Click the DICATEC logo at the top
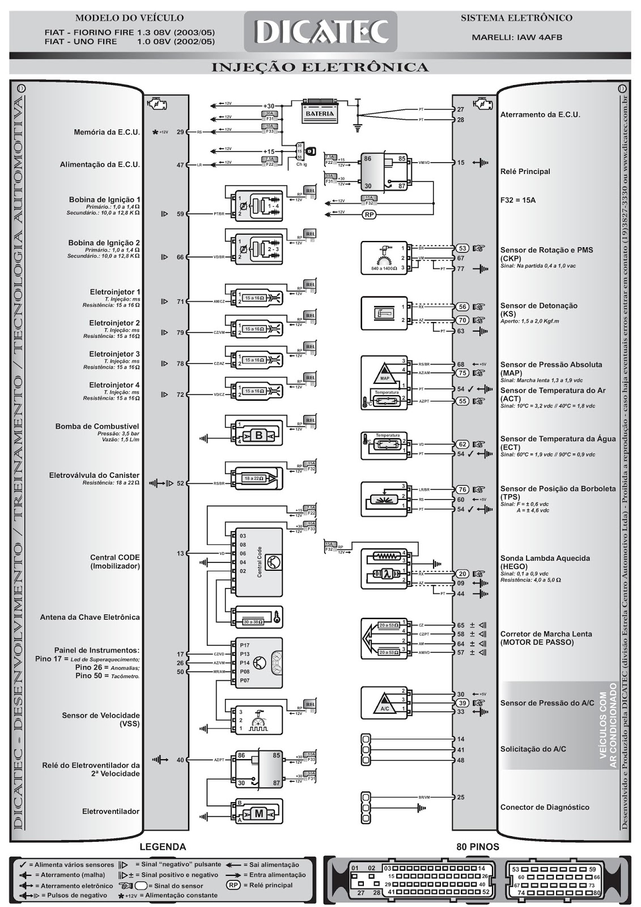[320, 32]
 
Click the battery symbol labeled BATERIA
[320, 113]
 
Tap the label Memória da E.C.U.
[107, 132]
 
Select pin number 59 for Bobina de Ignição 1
[180, 214]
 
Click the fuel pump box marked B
[259, 435]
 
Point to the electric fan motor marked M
[259, 813]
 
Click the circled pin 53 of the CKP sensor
[462, 248]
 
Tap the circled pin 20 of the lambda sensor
[462, 574]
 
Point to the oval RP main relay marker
[370, 215]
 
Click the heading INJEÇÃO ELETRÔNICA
[320, 67]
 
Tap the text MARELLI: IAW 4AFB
[517, 38]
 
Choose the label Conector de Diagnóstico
[545, 807]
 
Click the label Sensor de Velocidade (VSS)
[101, 719]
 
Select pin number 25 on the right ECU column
[460, 797]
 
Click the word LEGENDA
[163, 847]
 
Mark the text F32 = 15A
[518, 200]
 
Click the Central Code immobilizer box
[258, 562]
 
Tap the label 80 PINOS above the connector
[478, 847]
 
